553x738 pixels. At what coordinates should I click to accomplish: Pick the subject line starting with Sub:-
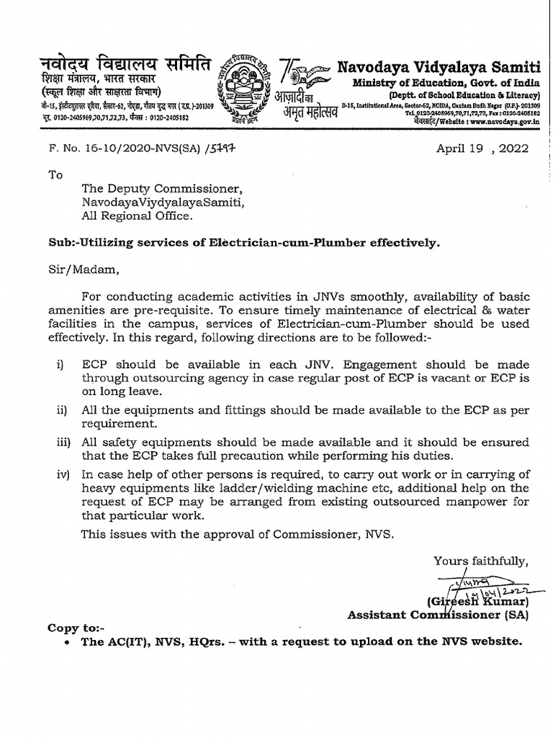pyautogui.click(x=243, y=244)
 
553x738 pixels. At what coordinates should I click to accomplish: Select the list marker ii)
pyautogui.click(x=63, y=410)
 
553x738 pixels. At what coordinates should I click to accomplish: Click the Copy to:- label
pyautogui.click(x=76, y=628)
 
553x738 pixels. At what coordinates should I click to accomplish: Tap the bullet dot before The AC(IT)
pyautogui.click(x=66, y=642)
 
